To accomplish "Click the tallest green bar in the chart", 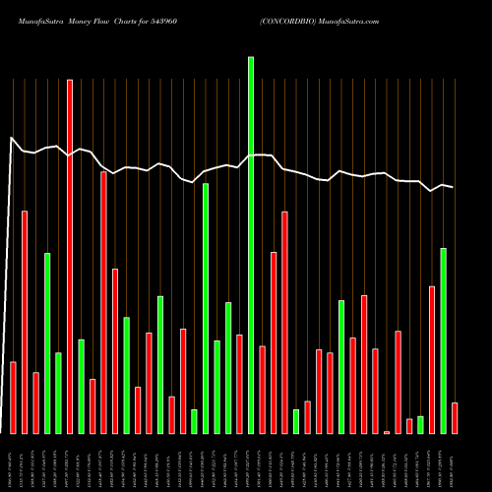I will coord(251,245).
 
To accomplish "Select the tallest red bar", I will coord(70,257).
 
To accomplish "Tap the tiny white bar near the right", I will coord(387,432).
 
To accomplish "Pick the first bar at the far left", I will coord(13,398).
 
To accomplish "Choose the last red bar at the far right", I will coord(455,418).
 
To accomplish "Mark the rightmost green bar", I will coord(443,340).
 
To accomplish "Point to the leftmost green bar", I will coord(47,343).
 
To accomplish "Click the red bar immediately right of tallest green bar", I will coord(262,390).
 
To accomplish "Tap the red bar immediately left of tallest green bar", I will coord(239,384).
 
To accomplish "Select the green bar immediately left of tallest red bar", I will coord(58,393).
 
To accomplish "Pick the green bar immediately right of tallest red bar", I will coord(81,386).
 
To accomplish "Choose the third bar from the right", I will coord(432,359).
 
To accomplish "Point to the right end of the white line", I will coord(454,187).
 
